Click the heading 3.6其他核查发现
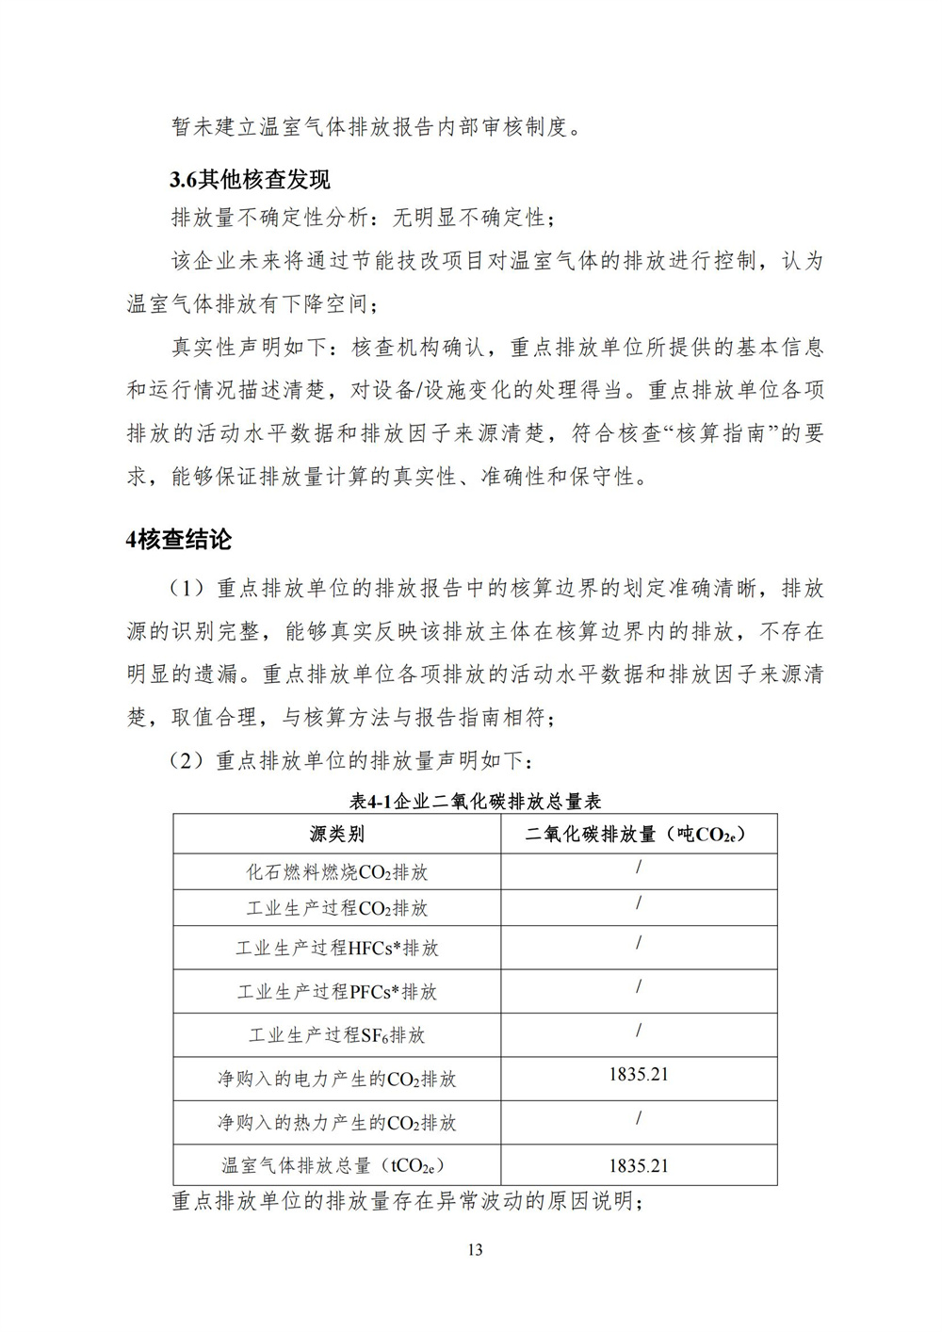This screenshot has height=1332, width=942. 250,178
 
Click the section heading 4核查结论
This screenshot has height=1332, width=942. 179,540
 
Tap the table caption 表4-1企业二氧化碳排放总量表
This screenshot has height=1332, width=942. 475,802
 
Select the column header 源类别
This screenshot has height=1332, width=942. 336,834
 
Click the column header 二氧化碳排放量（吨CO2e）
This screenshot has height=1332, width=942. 639,834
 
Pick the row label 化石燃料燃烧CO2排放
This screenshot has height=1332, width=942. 336,872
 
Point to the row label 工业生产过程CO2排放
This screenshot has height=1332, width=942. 336,908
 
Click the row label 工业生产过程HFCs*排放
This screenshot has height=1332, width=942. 336,948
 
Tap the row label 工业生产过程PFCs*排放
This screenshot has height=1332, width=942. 336,991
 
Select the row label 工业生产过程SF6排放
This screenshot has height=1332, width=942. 336,1035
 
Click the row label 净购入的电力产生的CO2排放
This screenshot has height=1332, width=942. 336,1079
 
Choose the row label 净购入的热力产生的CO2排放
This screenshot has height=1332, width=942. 336,1122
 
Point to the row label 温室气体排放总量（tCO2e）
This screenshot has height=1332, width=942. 336,1165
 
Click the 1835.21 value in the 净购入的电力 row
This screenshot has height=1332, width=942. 639,1074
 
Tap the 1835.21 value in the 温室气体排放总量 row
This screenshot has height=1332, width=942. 639,1165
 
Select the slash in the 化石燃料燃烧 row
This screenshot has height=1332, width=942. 639,867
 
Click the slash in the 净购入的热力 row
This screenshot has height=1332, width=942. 639,1118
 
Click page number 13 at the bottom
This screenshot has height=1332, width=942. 474,1250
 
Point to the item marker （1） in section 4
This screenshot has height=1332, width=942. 187,589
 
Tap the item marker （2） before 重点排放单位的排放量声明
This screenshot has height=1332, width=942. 187,760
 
